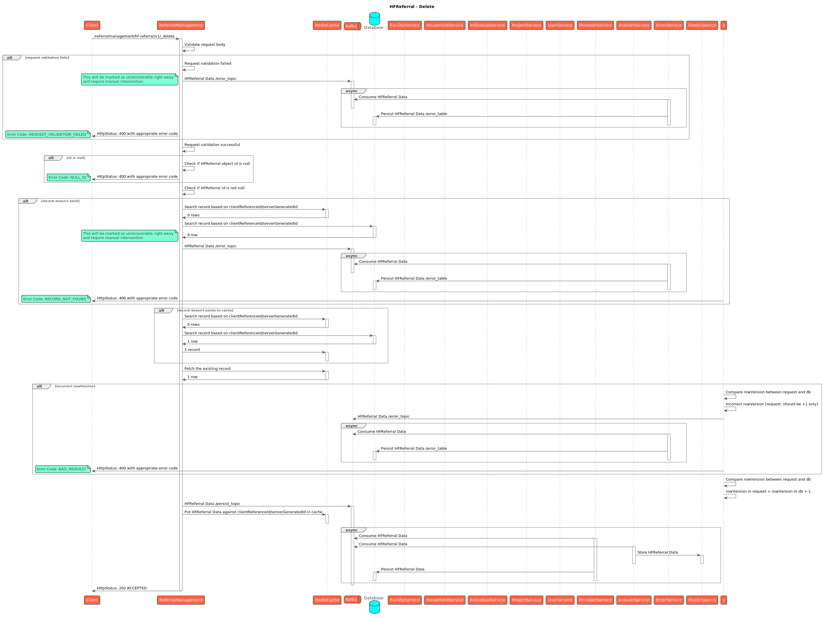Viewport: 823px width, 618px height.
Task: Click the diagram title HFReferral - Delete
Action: click(411, 7)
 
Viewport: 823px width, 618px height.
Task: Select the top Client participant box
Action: click(92, 25)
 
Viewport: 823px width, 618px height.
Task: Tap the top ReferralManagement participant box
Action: click(181, 25)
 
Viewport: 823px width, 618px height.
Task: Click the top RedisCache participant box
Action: click(327, 25)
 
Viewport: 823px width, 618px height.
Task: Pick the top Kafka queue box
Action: click(352, 26)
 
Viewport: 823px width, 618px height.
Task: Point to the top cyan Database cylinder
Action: click(374, 19)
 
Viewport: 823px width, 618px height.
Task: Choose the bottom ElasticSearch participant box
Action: click(702, 600)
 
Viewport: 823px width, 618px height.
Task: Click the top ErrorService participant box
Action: click(669, 25)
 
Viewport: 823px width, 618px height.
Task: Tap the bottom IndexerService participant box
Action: click(634, 600)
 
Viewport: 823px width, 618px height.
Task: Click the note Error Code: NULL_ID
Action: click(68, 177)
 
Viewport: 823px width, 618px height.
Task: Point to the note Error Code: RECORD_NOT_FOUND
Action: click(56, 299)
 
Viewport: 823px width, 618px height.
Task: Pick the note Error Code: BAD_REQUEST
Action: click(63, 469)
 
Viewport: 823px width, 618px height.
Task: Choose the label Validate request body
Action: click(205, 45)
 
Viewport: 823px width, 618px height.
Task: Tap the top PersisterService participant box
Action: click(595, 25)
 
